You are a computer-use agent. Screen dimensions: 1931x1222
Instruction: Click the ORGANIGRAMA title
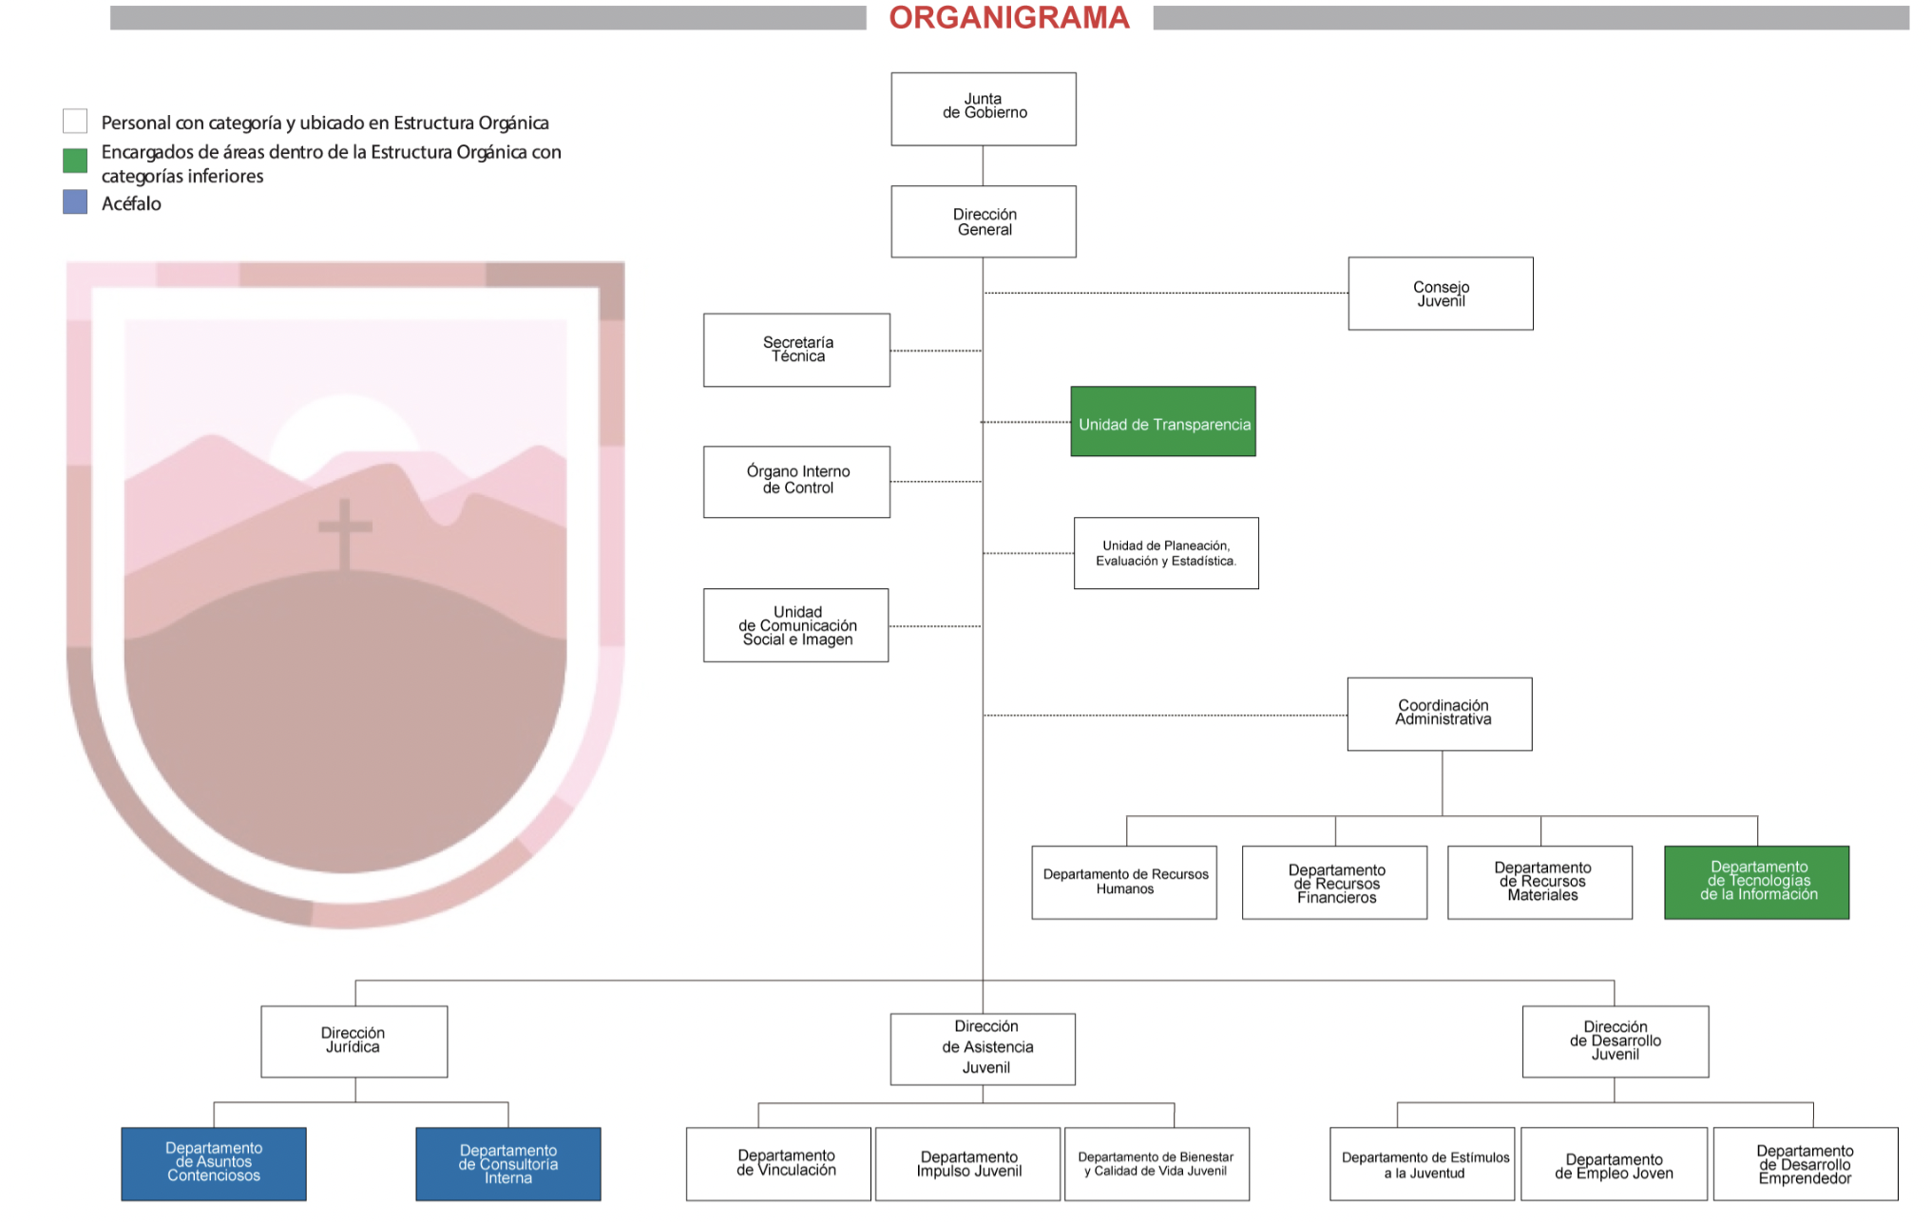[1009, 18]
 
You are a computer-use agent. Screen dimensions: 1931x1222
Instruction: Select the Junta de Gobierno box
[984, 109]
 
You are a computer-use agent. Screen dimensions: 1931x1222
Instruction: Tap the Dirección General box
[984, 221]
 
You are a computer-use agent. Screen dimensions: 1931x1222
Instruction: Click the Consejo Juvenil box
[1441, 294]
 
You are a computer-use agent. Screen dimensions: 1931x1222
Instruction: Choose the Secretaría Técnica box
[796, 350]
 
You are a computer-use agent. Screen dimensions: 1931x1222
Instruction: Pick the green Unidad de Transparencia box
[1163, 422]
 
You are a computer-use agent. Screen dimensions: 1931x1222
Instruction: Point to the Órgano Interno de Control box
[796, 482]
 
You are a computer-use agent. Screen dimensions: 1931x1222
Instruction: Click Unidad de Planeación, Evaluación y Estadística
[1166, 553]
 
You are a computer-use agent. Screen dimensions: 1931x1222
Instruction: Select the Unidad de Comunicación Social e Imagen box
[796, 625]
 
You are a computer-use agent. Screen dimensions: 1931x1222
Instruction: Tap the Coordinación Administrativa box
[1440, 715]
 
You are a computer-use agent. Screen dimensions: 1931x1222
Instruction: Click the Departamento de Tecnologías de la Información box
[1757, 883]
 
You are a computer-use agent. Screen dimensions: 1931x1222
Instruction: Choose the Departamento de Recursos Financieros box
[1335, 883]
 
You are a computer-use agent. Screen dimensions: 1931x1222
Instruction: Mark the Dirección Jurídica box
[354, 1041]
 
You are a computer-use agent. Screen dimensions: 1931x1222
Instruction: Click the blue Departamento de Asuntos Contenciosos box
[214, 1164]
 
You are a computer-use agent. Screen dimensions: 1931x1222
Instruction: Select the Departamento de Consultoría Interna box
[508, 1164]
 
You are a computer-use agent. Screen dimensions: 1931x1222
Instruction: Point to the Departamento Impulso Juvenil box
[968, 1164]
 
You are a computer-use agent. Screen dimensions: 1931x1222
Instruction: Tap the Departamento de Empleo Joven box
[1615, 1164]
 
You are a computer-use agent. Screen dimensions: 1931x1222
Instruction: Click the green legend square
[75, 161]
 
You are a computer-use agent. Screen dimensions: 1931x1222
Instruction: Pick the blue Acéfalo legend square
[75, 202]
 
